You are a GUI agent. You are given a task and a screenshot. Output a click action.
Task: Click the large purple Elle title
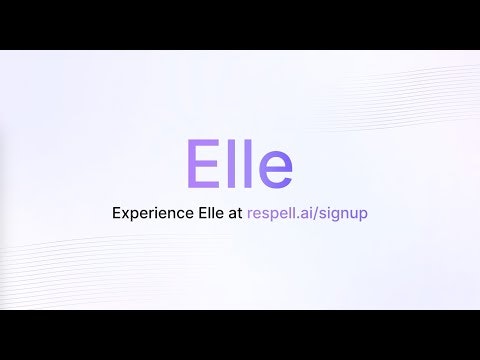click(x=240, y=162)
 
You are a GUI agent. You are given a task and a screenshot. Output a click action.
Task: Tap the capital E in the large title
click(x=203, y=163)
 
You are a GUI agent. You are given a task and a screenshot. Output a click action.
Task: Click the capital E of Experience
click(x=119, y=212)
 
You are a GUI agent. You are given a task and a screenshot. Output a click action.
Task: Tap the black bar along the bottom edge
click(x=240, y=335)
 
